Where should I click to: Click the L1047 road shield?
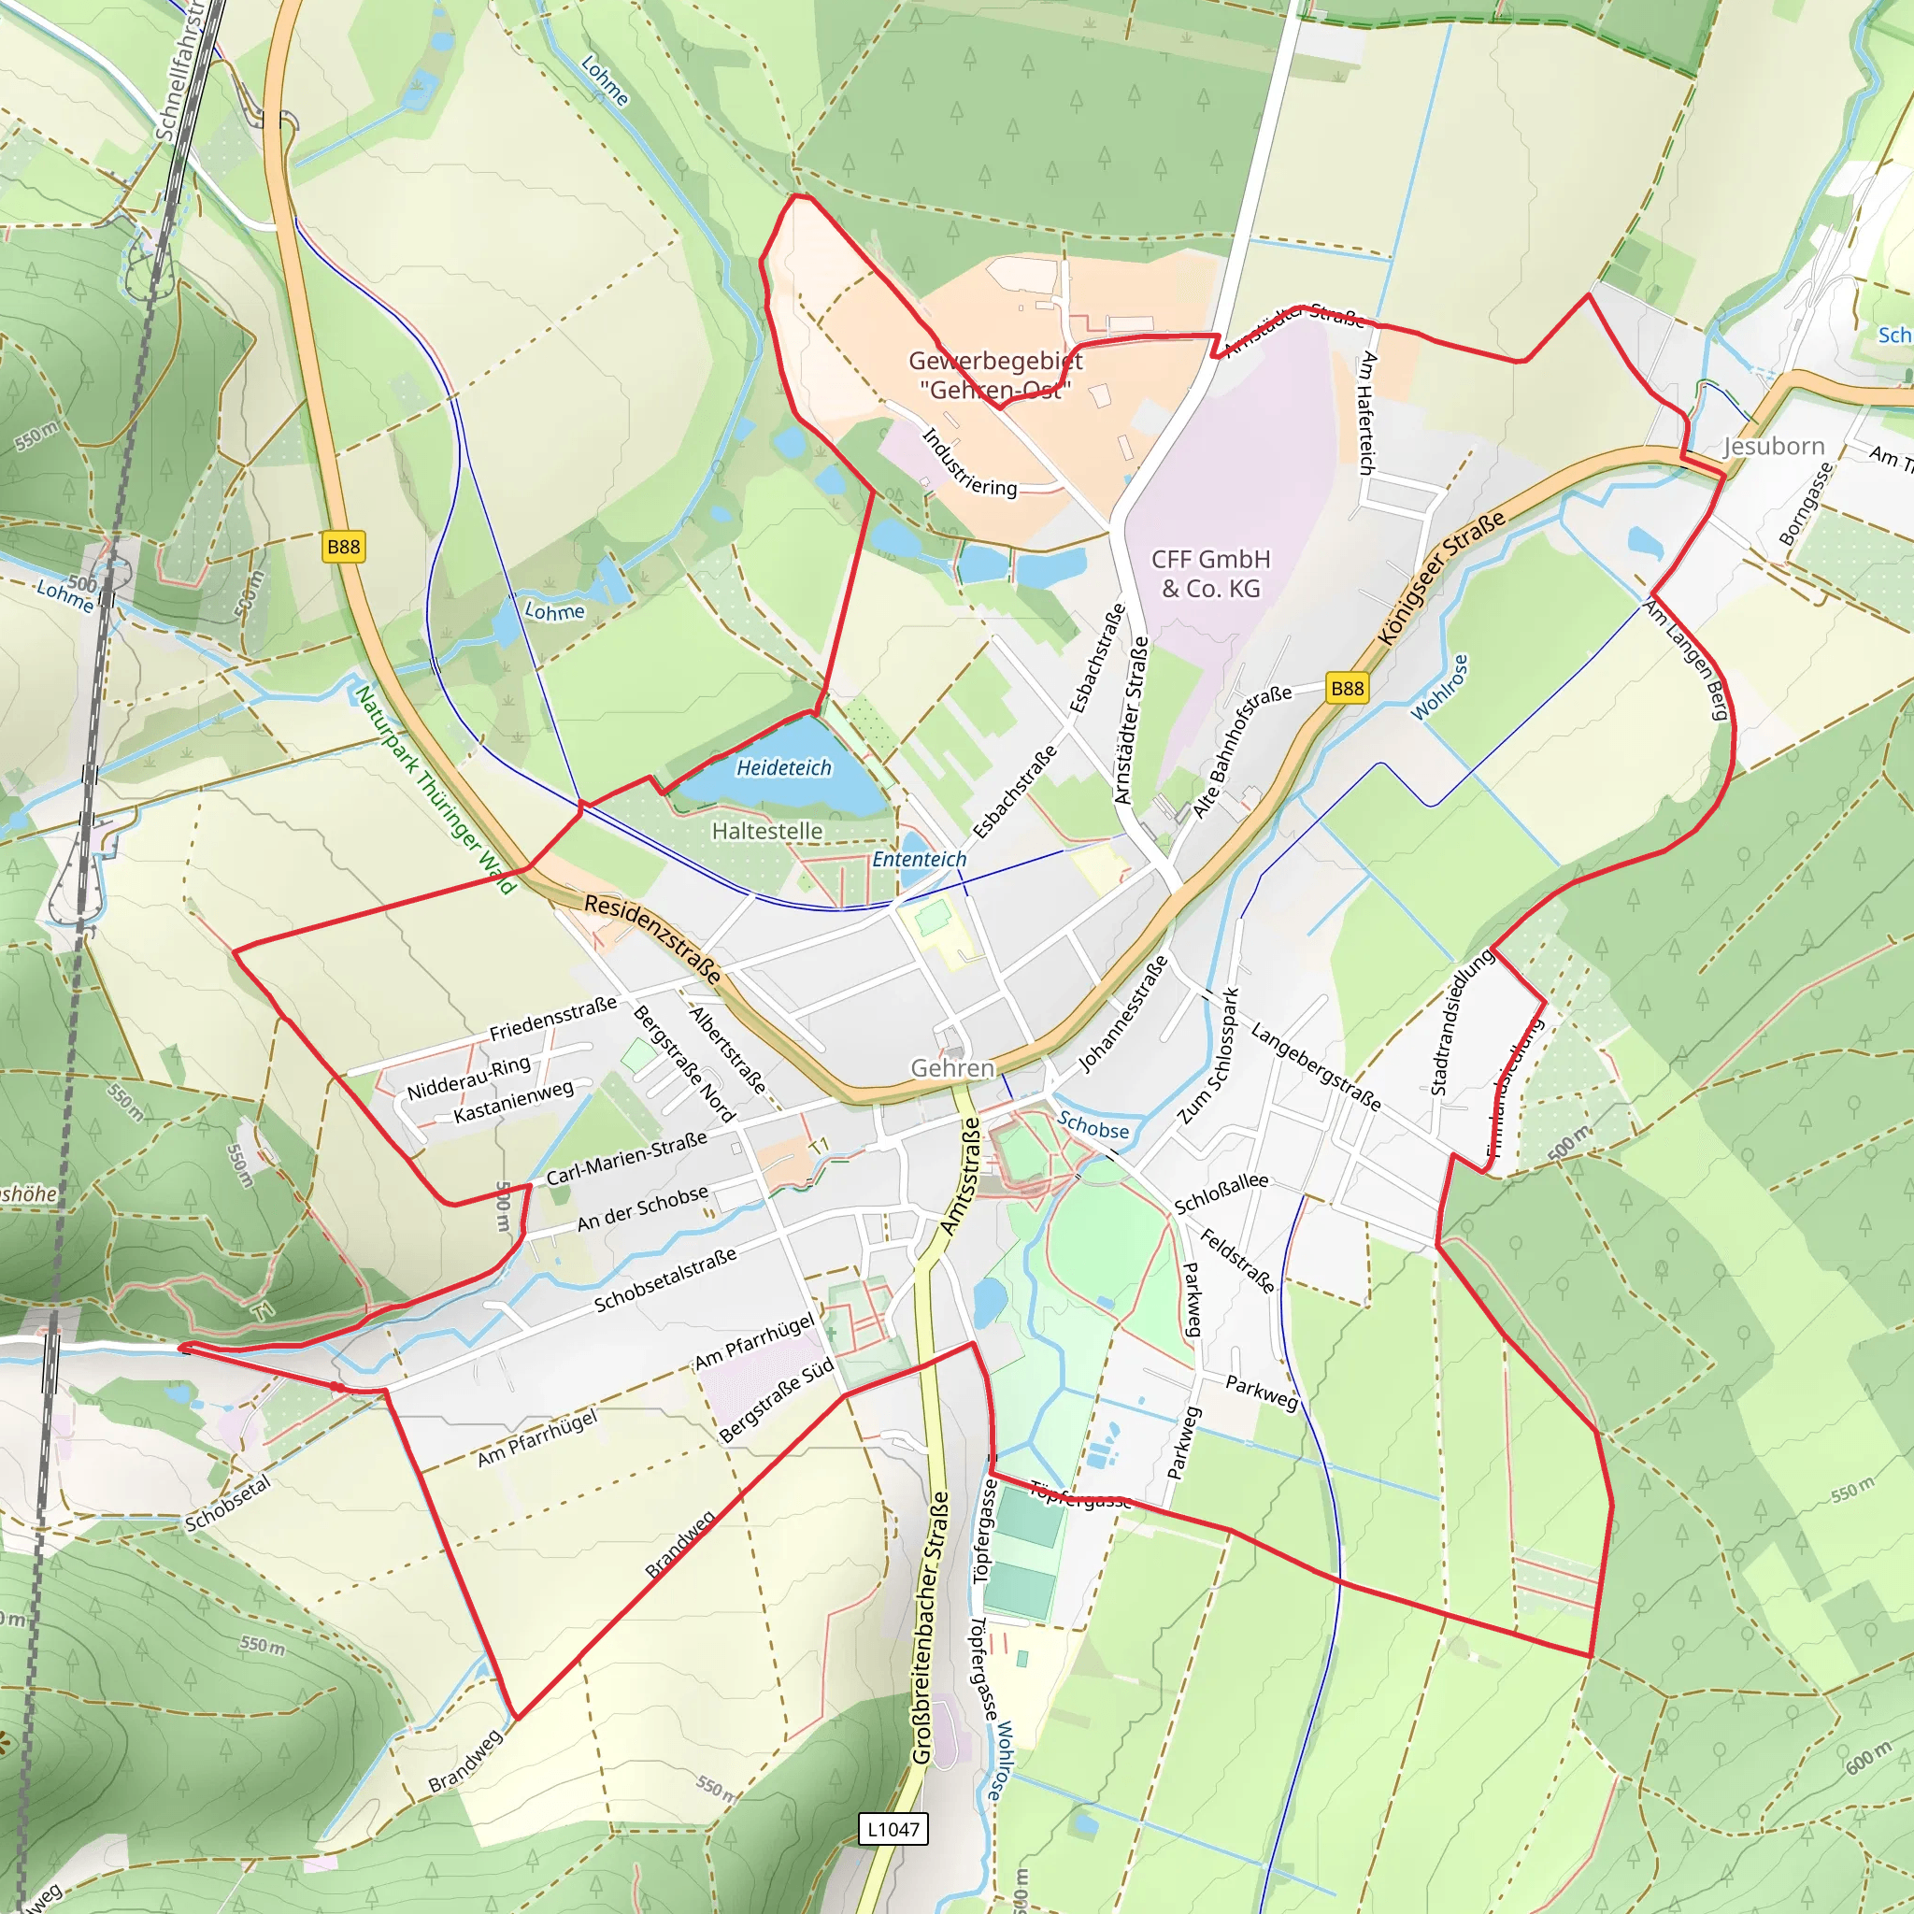(x=893, y=1829)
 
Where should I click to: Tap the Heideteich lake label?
(x=783, y=768)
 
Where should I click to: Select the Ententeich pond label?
(x=919, y=859)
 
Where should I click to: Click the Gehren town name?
(x=952, y=1068)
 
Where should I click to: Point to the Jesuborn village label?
(x=1773, y=446)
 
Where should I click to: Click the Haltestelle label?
(x=766, y=831)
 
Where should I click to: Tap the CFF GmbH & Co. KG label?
(x=1210, y=574)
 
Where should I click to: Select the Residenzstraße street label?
(x=653, y=937)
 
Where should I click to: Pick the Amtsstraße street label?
(x=959, y=1176)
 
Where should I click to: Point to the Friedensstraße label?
(x=553, y=1019)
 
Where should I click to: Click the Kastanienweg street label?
(x=513, y=1102)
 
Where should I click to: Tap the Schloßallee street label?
(x=1221, y=1192)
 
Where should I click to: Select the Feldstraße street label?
(x=1237, y=1260)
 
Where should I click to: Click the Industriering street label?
(x=969, y=462)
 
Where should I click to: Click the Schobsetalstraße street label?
(x=664, y=1279)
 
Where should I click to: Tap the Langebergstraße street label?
(x=1315, y=1066)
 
